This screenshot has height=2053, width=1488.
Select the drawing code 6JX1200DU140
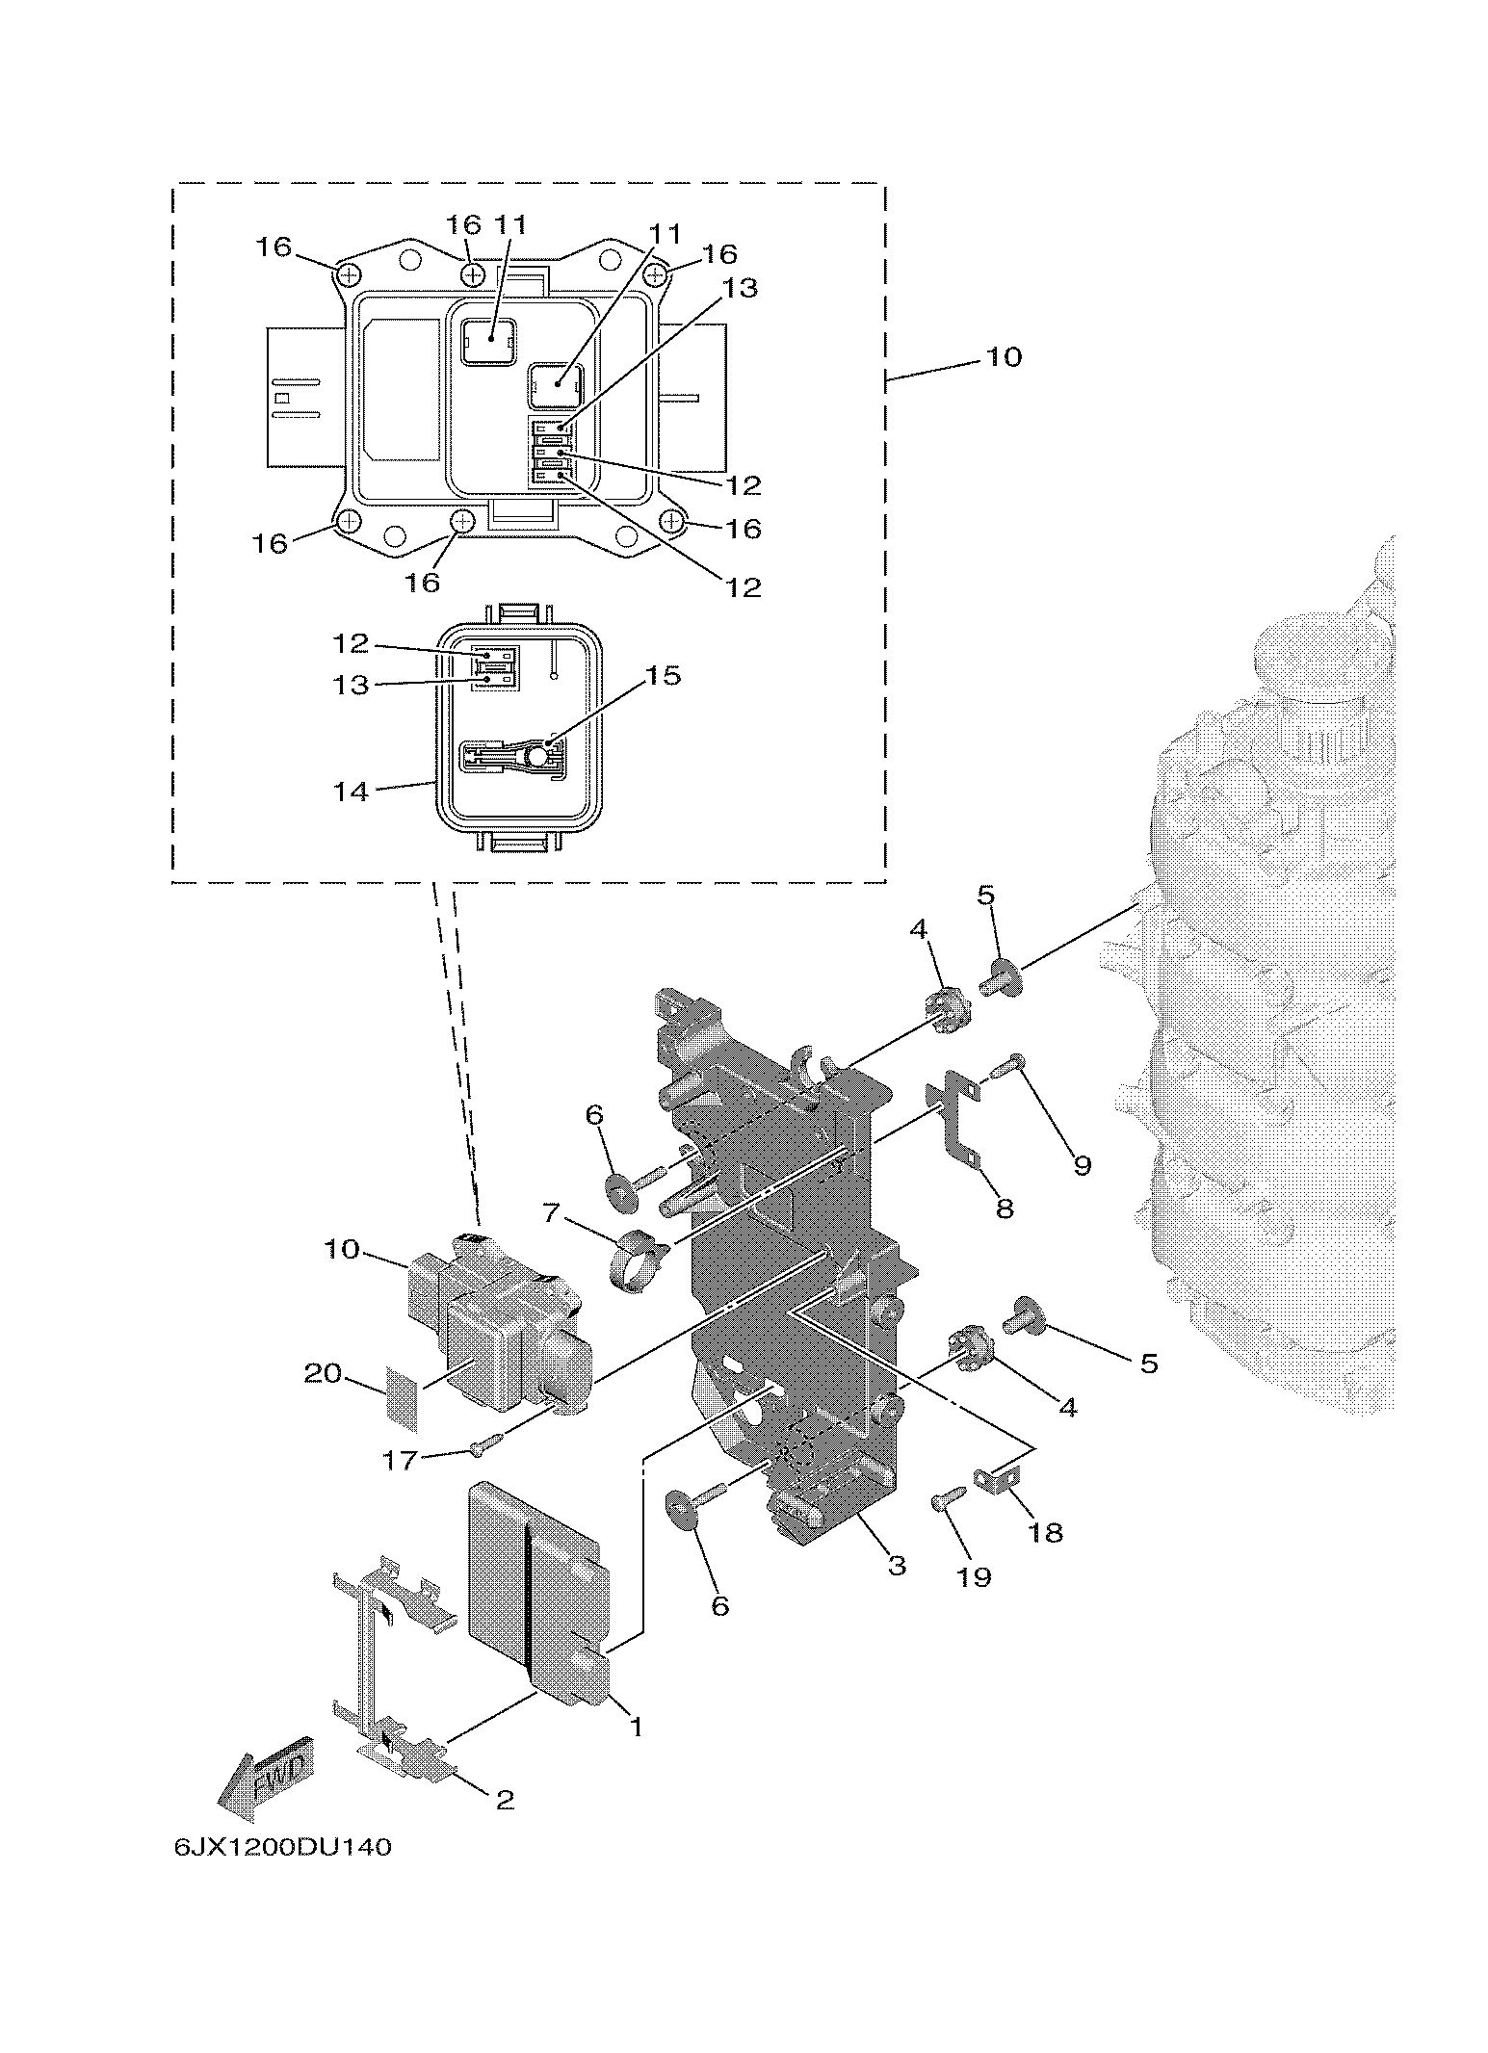coord(283,1847)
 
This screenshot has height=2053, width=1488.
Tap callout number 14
coord(351,792)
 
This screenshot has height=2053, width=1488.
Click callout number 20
coord(324,1372)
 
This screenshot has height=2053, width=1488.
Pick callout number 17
coord(400,1460)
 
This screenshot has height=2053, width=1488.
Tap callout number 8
coord(1005,1208)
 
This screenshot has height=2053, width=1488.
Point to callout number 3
coord(897,1565)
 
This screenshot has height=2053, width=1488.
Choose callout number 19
coord(974,1576)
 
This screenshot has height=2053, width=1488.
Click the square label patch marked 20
coord(403,1391)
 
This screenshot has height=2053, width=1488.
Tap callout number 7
coord(551,1212)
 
